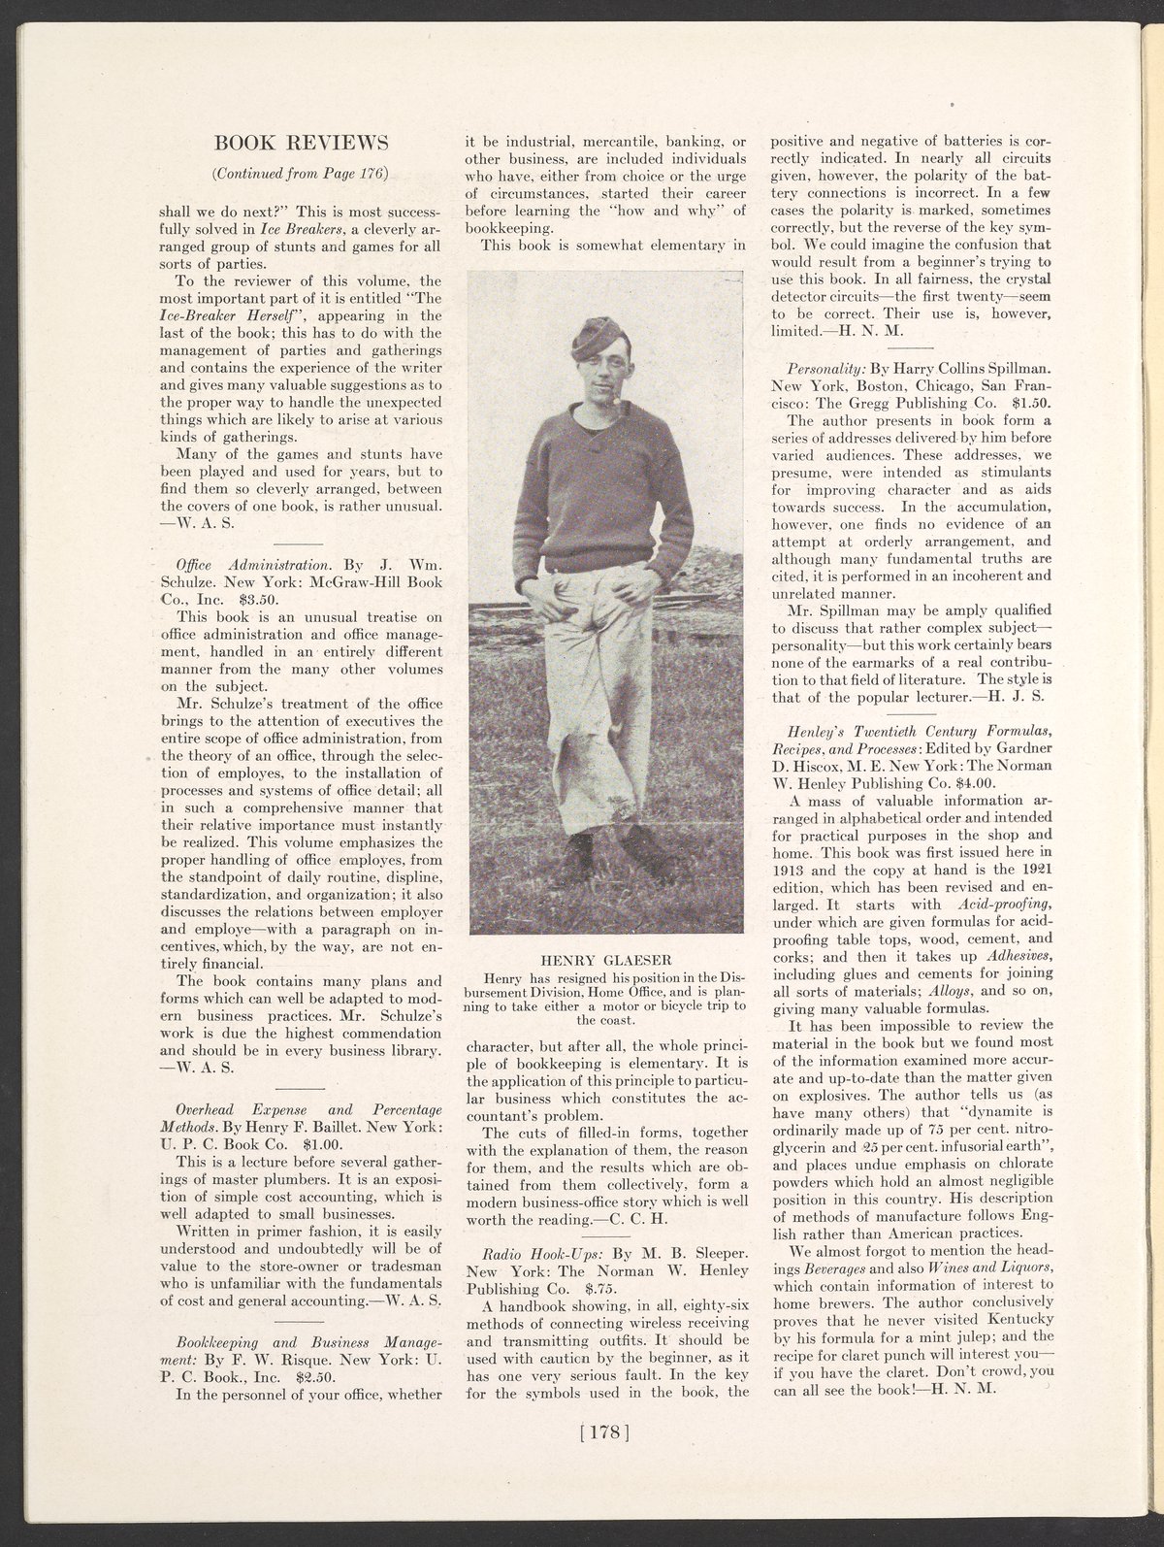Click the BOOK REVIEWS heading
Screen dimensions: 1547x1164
301,144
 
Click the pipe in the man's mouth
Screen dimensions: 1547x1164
614,398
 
